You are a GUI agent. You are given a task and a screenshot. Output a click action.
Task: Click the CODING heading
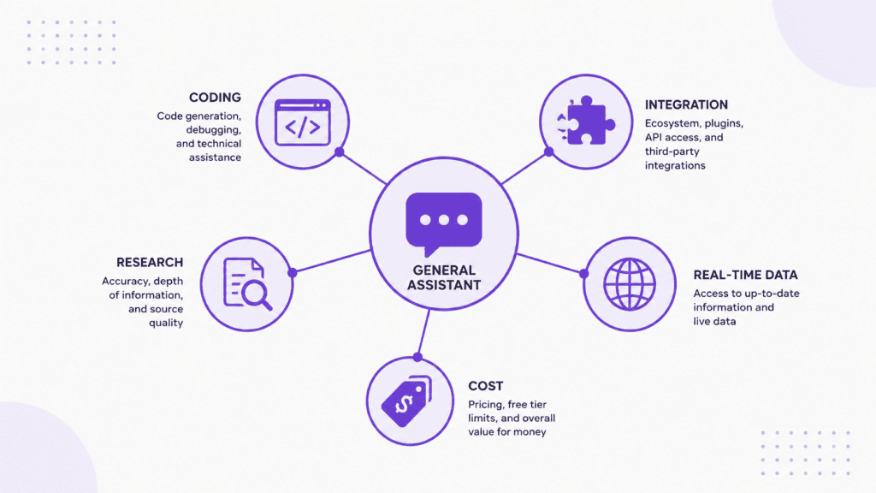click(215, 98)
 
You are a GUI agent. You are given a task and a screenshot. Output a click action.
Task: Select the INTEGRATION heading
click(686, 104)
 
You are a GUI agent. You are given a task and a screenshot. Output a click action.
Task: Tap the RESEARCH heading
click(150, 262)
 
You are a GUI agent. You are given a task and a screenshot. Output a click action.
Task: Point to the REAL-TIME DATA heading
click(745, 275)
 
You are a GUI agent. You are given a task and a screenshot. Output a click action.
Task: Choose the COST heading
click(486, 386)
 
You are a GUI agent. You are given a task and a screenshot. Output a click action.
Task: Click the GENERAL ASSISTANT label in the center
click(444, 278)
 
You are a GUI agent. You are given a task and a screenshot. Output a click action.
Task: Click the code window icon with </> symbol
click(303, 122)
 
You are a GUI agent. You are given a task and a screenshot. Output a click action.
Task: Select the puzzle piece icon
click(586, 121)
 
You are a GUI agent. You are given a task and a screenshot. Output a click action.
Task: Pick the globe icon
click(630, 284)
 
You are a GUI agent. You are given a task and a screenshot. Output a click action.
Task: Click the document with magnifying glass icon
click(247, 284)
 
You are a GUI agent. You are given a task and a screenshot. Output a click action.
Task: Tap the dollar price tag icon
click(407, 401)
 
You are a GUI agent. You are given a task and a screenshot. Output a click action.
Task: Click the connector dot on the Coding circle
click(339, 152)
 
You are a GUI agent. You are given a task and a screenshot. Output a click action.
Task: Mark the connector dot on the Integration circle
click(548, 152)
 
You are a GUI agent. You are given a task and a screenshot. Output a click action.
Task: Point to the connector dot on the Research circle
click(293, 273)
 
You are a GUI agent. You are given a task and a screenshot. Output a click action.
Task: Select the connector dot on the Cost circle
click(417, 357)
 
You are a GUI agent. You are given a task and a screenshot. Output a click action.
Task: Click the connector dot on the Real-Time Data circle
click(583, 274)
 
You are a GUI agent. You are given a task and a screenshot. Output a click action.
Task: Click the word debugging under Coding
click(213, 130)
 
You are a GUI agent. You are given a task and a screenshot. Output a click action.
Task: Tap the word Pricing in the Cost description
click(485, 405)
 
